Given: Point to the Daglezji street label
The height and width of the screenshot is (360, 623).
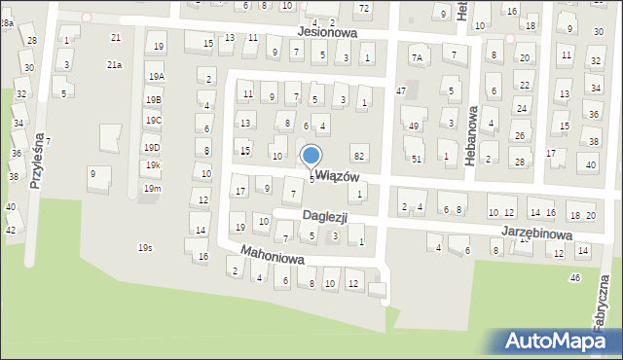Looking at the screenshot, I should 324,215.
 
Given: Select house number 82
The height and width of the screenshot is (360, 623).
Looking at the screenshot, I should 359,156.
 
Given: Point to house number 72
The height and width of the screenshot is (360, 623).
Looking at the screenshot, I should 363,8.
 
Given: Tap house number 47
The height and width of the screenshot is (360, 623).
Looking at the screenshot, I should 400,90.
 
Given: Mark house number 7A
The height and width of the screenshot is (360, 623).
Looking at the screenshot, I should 416,57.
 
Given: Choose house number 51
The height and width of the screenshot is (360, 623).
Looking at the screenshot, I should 416,159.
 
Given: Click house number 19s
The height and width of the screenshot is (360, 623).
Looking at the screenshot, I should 144,248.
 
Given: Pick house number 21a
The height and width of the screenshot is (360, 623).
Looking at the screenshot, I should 114,64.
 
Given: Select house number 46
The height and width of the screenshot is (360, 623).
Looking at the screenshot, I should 574,278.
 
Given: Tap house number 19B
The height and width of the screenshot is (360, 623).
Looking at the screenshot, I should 153,99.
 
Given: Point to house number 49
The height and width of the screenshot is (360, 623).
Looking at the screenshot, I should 414,126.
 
